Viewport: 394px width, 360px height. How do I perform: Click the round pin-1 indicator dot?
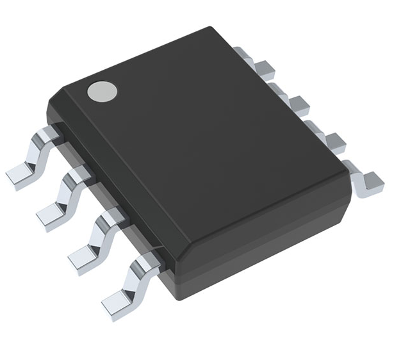point(103,92)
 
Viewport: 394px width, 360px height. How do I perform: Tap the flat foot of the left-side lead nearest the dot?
point(20,172)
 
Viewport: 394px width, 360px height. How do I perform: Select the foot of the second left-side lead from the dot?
point(51,214)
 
